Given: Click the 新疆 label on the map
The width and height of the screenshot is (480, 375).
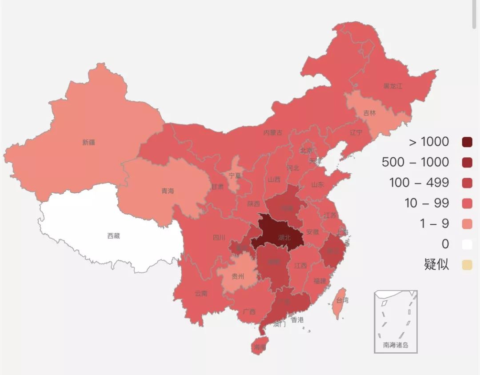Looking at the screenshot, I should coord(88,143).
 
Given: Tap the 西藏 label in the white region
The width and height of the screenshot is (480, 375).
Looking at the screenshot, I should coord(113,236).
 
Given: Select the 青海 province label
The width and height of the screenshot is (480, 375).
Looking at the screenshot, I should coord(168,191).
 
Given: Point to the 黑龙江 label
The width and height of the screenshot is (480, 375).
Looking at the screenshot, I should coord(393,86).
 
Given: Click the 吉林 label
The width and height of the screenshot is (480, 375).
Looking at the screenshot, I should coord(369,113).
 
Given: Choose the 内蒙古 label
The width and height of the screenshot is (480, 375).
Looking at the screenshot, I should coord(273,132).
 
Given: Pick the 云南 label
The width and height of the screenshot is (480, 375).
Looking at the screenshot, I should coord(201,294).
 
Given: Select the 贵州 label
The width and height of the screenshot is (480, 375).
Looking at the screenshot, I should coord(238,276).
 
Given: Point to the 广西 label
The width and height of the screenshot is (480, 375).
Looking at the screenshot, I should coord(249,311).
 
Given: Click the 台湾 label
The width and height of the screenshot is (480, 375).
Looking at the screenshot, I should coord(342,301).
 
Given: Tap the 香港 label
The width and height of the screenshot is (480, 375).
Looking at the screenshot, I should coord(297,320).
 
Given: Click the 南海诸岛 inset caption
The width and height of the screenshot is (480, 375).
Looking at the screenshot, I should coord(396,345).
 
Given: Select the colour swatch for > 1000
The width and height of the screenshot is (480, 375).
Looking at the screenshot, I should coord(467,142).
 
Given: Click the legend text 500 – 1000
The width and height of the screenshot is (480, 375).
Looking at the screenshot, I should coord(415,162).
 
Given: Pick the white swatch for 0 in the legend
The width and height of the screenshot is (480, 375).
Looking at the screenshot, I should coord(467,244).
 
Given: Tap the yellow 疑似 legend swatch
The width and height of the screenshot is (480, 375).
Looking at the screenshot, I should coord(467,265).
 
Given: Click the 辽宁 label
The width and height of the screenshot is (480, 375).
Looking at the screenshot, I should coord(356,132).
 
